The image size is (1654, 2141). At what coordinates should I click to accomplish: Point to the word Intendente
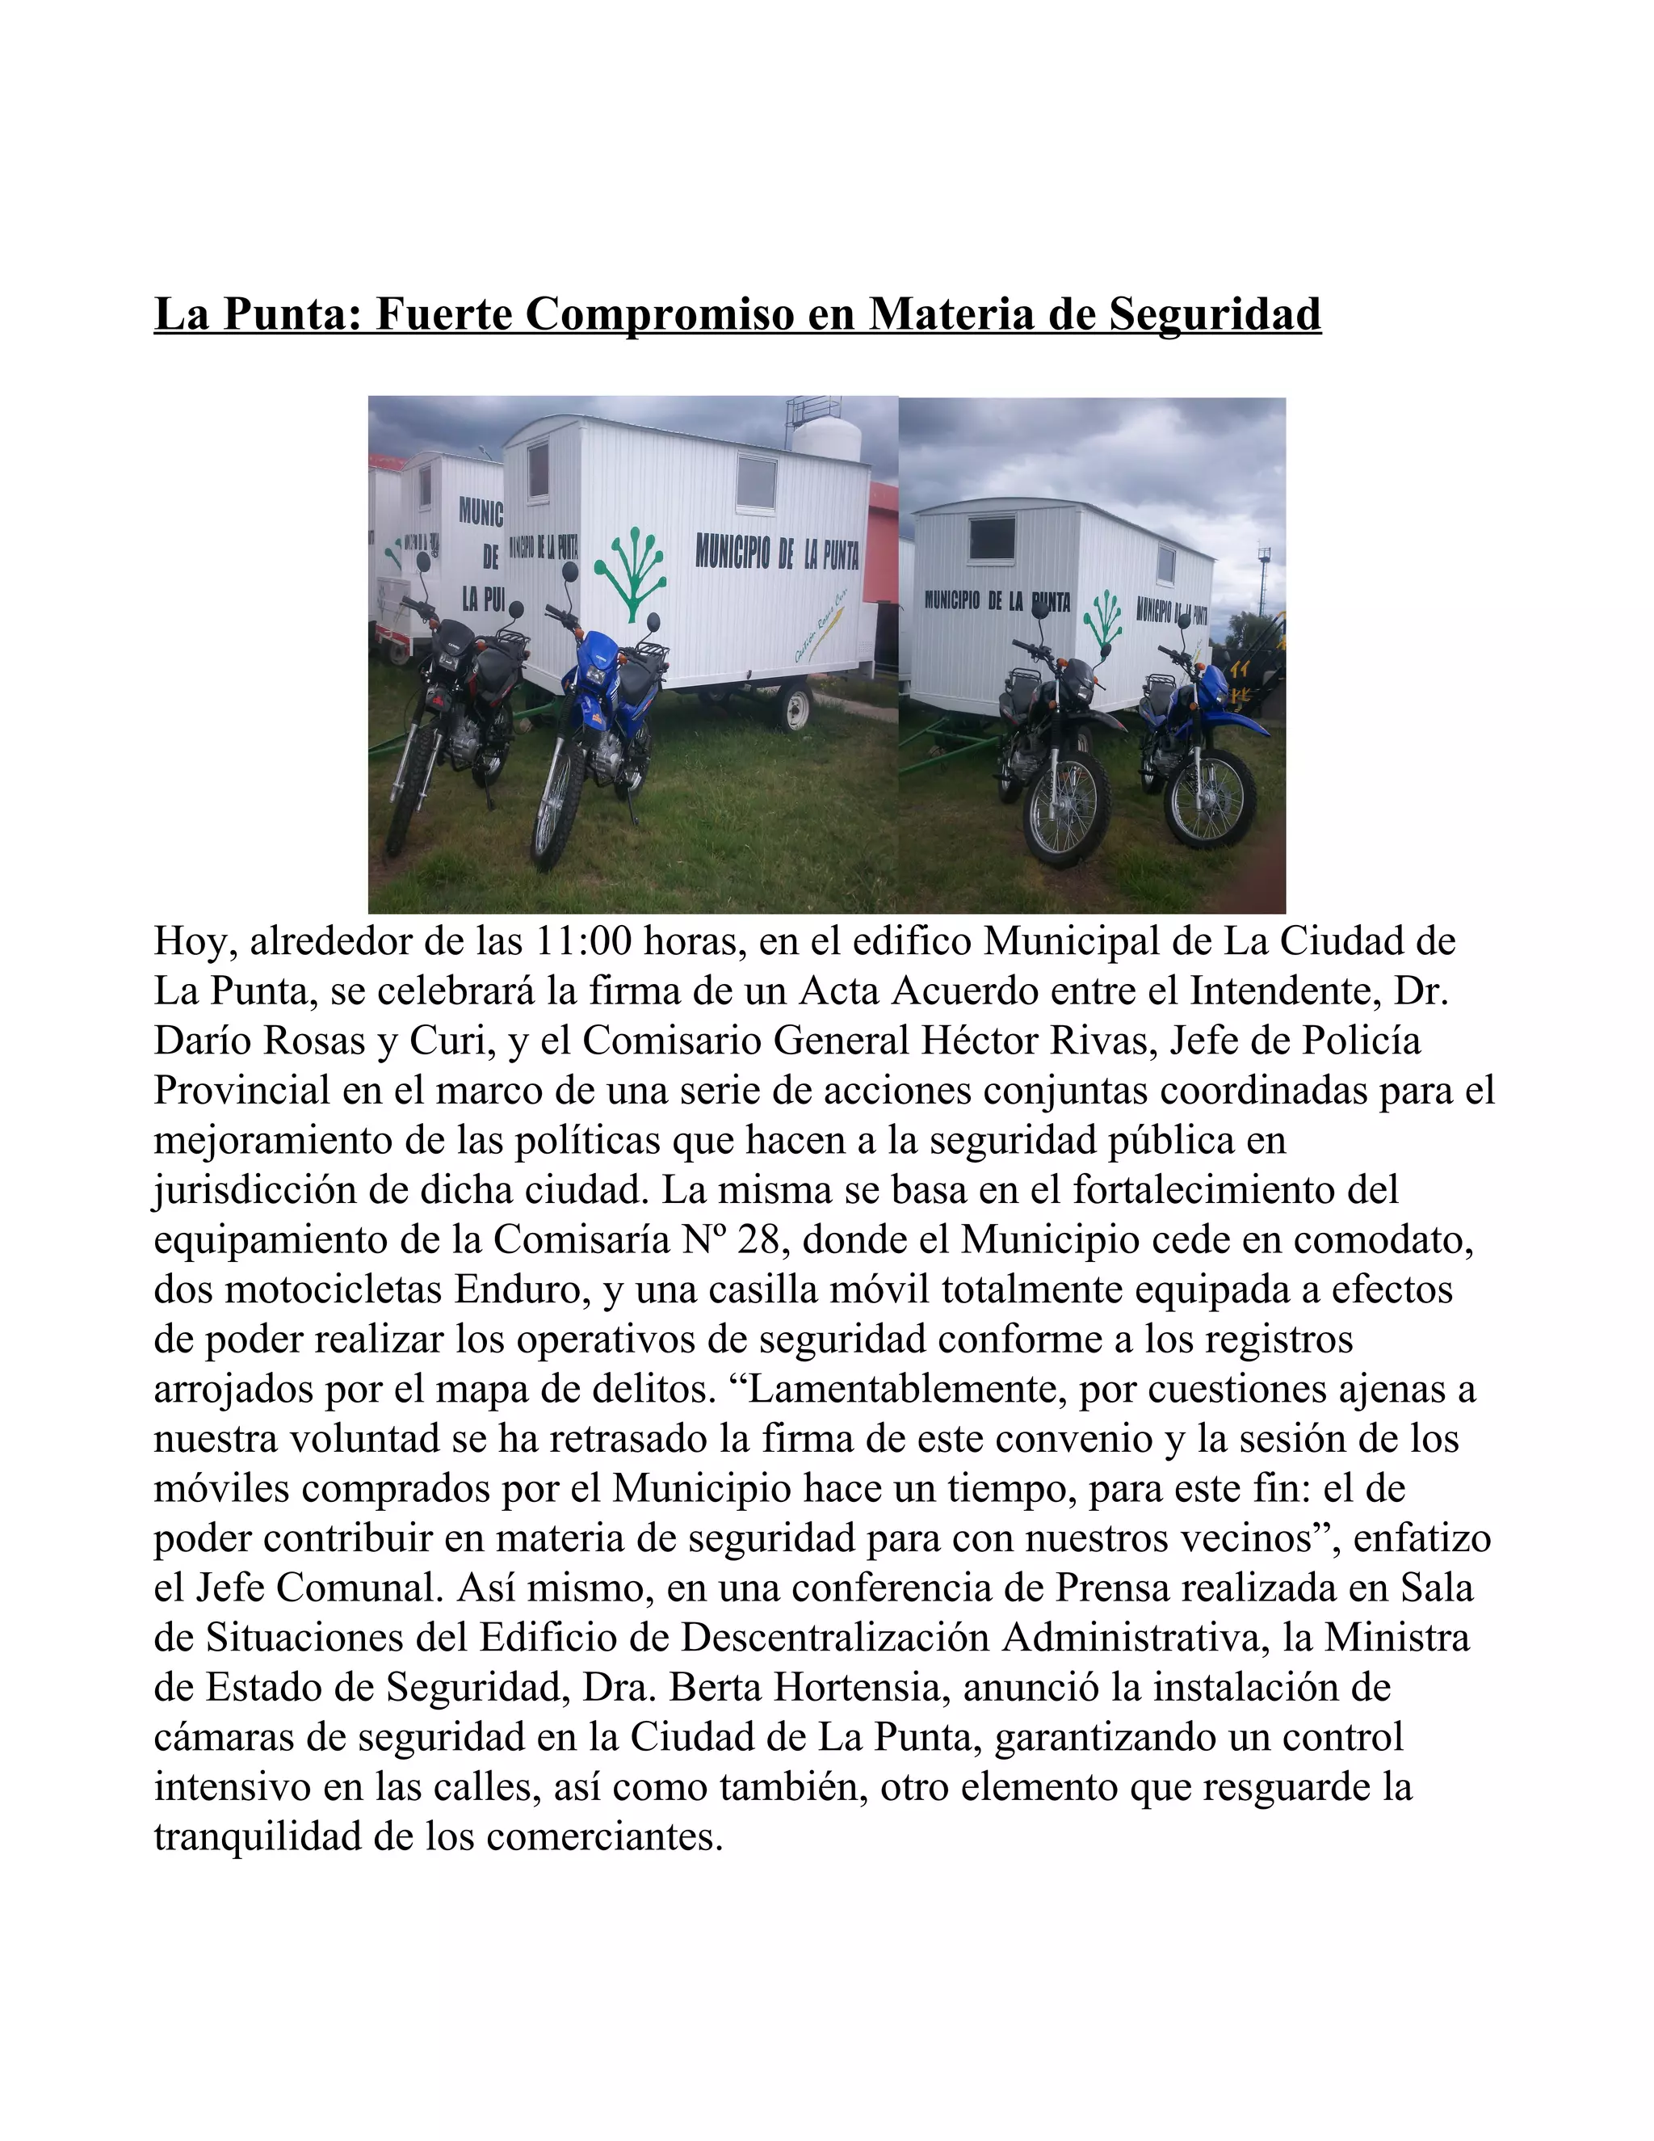tap(1286, 991)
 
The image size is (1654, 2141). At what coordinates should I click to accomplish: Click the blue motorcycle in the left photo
tap(598, 726)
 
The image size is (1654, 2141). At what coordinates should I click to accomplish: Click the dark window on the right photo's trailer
tap(992, 537)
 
